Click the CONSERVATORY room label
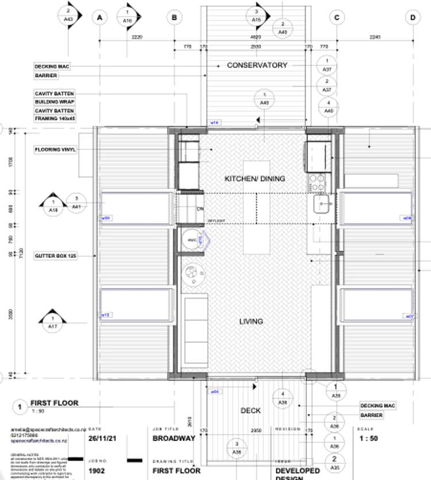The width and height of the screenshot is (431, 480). pyautogui.click(x=257, y=65)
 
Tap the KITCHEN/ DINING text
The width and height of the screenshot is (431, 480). pyautogui.click(x=255, y=179)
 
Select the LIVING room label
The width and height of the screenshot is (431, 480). pyautogui.click(x=251, y=322)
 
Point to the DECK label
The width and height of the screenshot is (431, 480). pyautogui.click(x=251, y=411)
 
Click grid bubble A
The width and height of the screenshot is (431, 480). pyautogui.click(x=99, y=18)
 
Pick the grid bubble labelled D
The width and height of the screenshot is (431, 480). pyautogui.click(x=413, y=18)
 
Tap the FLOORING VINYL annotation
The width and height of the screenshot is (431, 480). pyautogui.click(x=55, y=150)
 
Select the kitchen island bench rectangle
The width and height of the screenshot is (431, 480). pyautogui.click(x=255, y=207)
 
